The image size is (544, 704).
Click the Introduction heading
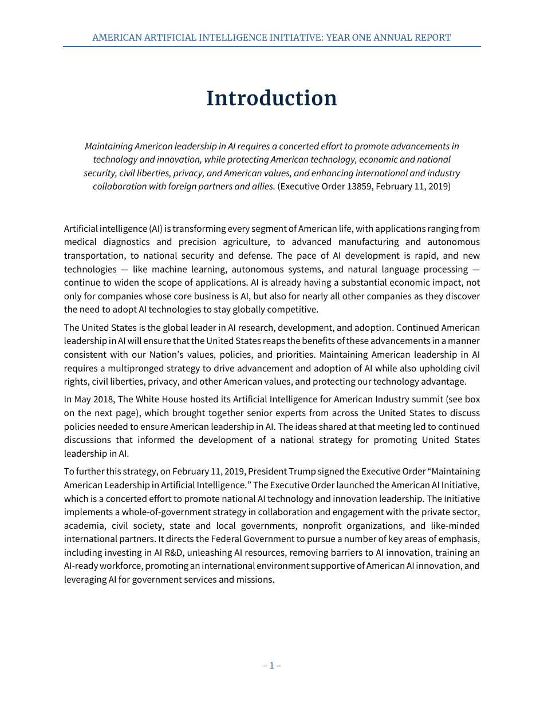(271, 98)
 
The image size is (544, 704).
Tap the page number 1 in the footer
(271, 665)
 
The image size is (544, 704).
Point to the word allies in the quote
(261, 187)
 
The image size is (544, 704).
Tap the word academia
(82, 525)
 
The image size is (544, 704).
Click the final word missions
(256, 579)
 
